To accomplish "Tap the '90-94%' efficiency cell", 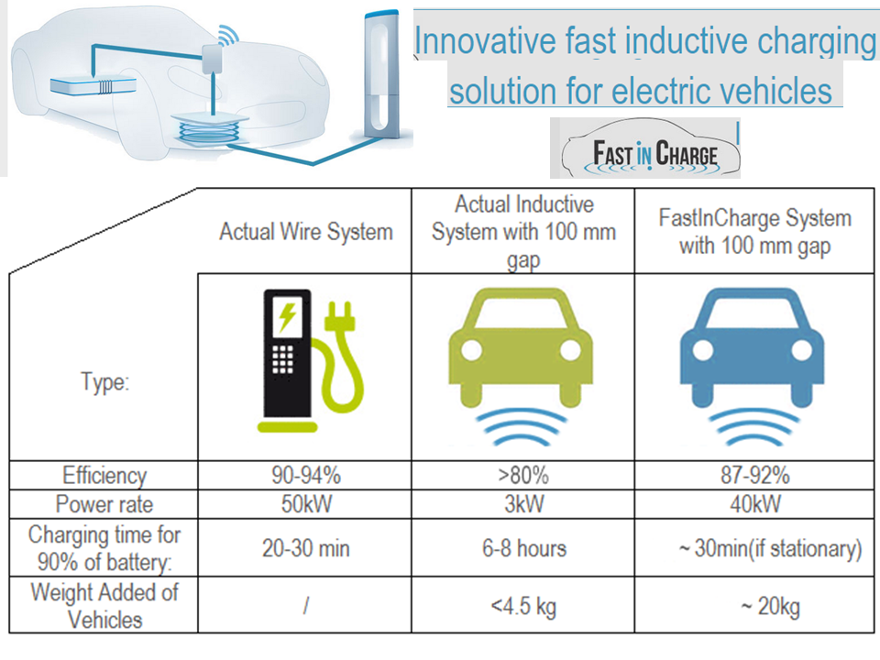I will point(304,476).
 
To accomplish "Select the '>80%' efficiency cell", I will point(522,476).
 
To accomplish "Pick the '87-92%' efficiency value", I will point(755,476).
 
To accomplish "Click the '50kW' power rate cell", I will point(304,503).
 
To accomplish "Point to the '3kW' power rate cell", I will point(522,503).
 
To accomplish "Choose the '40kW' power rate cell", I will point(755,503).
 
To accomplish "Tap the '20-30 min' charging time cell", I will point(304,548).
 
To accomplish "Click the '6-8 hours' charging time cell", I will point(522,548).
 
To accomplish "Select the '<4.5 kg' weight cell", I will point(522,606).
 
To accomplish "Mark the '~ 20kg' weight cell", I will point(755,606).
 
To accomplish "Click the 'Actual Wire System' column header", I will point(305,232).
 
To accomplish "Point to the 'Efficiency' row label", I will point(104,476).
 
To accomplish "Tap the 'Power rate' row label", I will point(104,503).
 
